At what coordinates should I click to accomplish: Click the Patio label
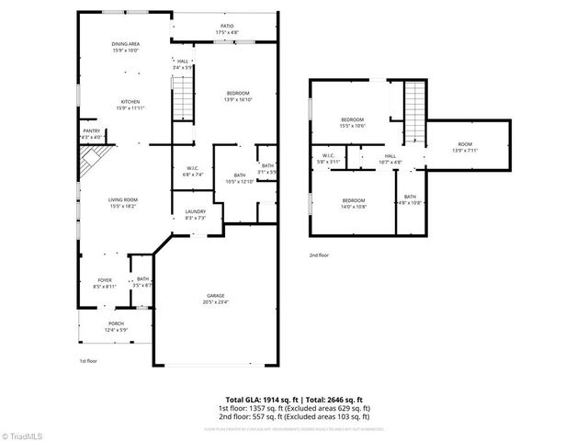(227, 29)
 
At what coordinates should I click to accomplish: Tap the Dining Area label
(126, 46)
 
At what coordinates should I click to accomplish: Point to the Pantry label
(91, 134)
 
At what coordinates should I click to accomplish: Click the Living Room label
(123, 202)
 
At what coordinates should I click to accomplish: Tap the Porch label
(117, 326)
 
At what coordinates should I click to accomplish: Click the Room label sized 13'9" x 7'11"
(466, 147)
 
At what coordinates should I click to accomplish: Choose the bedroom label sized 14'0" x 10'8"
(354, 203)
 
